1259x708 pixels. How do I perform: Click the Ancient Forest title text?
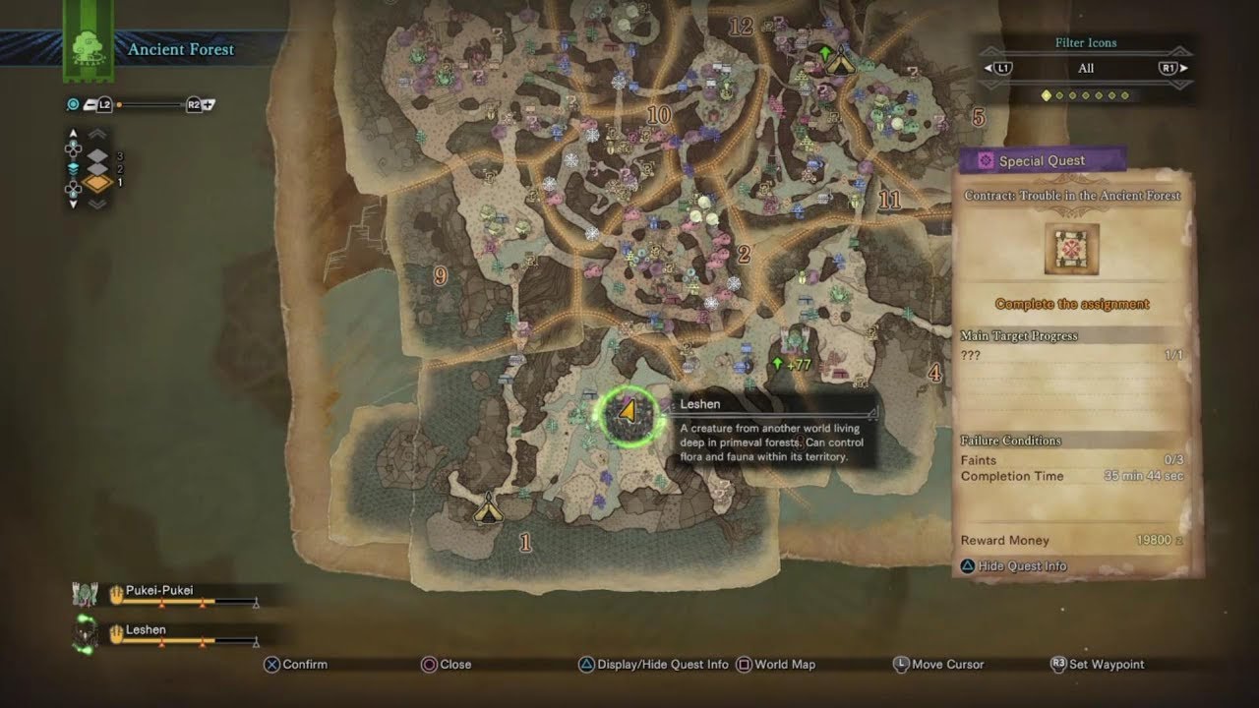click(x=181, y=49)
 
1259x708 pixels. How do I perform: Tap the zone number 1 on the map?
click(x=525, y=542)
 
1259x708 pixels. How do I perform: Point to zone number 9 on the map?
click(x=440, y=276)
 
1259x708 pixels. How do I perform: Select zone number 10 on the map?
click(x=658, y=116)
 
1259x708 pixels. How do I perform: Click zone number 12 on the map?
click(x=741, y=27)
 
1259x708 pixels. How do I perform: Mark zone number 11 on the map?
click(x=889, y=201)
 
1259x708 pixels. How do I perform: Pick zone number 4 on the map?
click(x=934, y=373)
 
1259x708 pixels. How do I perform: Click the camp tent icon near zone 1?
click(x=487, y=508)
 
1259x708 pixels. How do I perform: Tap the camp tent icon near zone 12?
click(x=839, y=63)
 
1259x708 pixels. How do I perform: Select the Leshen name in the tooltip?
click(x=700, y=404)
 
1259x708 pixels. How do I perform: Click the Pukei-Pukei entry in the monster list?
click(x=159, y=590)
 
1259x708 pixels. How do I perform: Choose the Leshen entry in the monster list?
click(x=146, y=629)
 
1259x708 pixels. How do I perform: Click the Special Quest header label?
click(x=1042, y=161)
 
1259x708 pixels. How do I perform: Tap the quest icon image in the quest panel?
click(x=1071, y=249)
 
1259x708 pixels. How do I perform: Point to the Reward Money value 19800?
click(x=1155, y=541)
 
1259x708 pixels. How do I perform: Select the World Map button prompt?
click(x=784, y=665)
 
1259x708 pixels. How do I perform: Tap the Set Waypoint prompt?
click(x=1106, y=665)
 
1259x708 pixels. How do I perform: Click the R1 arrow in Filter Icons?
click(x=1171, y=68)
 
